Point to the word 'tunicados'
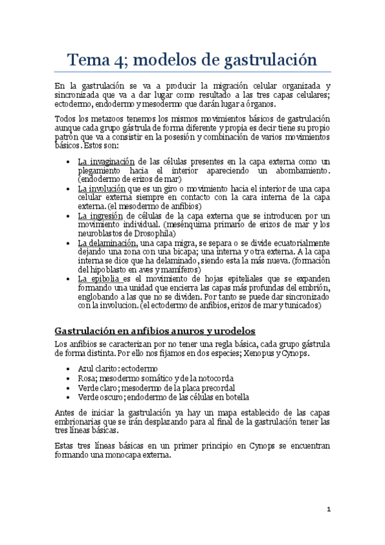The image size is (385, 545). pos(299,306)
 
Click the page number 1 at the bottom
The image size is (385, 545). pos(328,510)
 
